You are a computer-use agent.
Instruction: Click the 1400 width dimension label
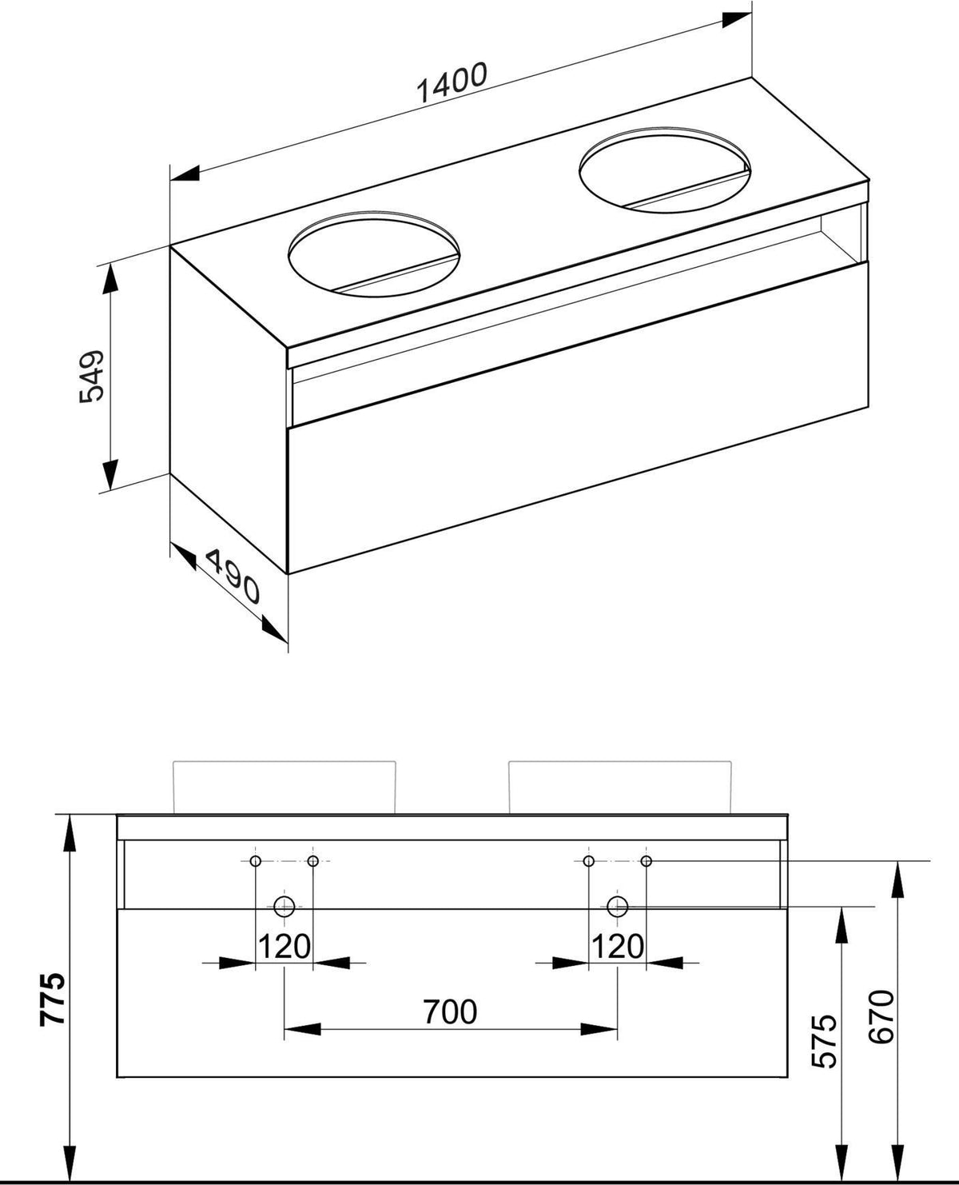coord(452,83)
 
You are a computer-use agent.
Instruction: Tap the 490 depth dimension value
coord(233,577)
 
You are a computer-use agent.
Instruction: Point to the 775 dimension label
coord(54,999)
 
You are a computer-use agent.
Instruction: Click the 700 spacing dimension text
coord(450,1011)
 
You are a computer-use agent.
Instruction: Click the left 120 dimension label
coord(284,947)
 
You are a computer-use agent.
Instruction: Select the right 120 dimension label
coord(617,947)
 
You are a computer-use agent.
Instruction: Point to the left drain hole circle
coord(284,907)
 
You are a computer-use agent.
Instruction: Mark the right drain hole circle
coord(617,907)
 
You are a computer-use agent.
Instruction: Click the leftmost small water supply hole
coord(256,861)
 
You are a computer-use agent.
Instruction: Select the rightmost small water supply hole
coord(646,861)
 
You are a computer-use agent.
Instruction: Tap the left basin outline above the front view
coord(285,762)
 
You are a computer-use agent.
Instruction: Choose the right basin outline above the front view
coord(620,762)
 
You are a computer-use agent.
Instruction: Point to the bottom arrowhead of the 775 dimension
coord(70,1158)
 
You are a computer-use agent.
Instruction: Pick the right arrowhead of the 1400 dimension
coord(737,19)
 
